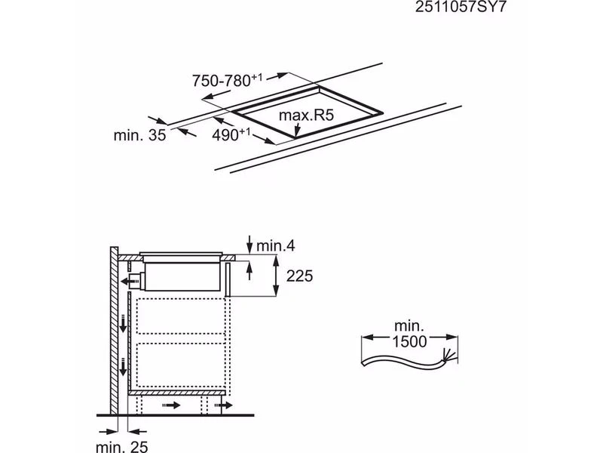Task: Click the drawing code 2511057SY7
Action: point(461,7)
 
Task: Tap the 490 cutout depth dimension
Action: point(231,134)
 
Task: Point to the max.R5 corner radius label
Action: point(306,116)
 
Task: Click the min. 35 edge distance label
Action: point(139,135)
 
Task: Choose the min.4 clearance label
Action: point(275,246)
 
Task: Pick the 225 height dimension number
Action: point(299,276)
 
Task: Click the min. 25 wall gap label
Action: point(121,446)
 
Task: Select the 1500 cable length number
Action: point(409,341)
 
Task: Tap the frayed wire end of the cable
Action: point(448,354)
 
